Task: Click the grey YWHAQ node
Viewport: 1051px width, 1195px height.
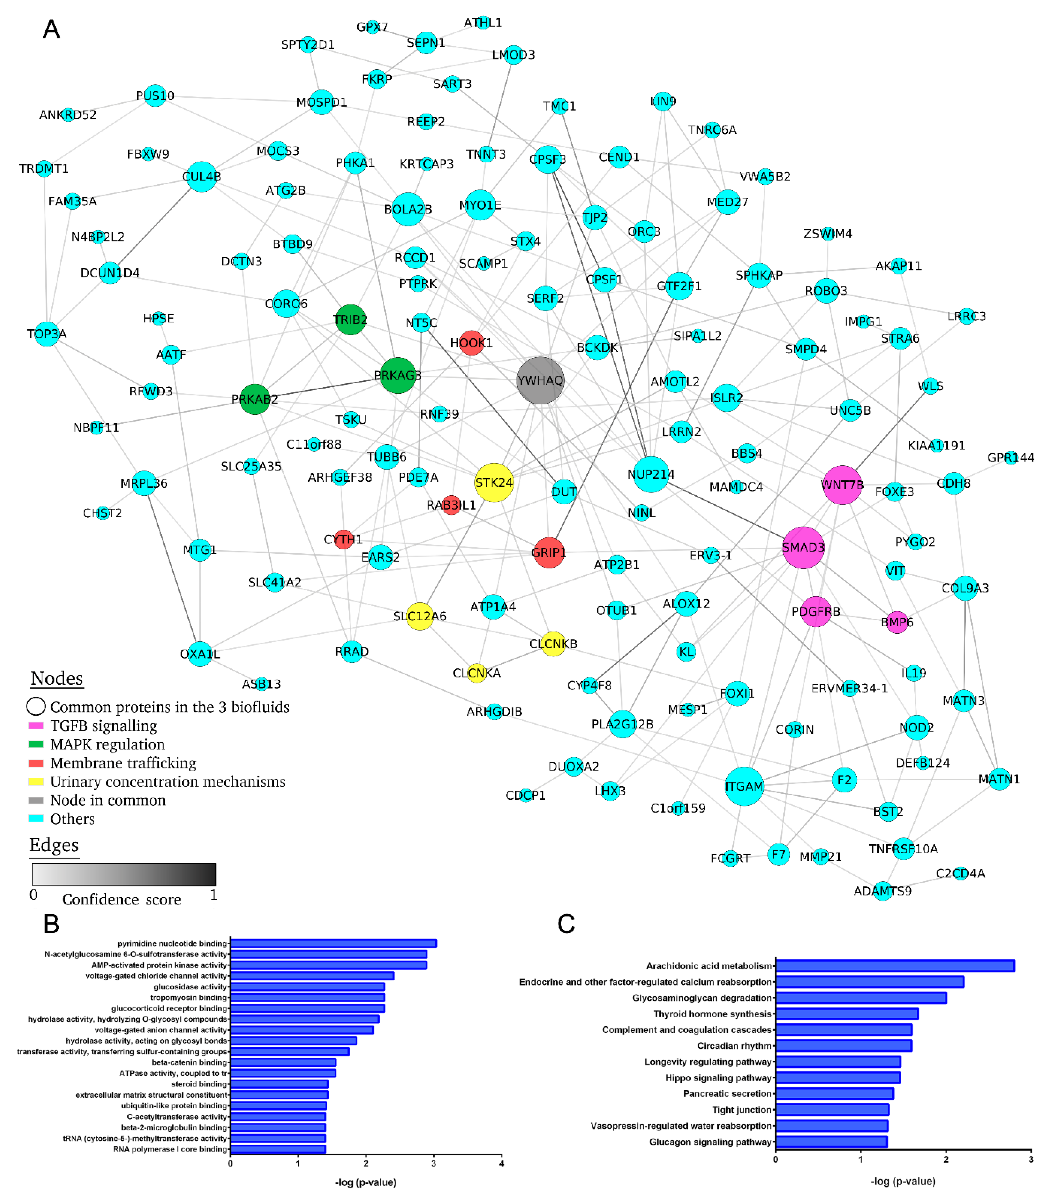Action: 540,381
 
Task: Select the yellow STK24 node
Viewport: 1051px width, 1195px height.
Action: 494,482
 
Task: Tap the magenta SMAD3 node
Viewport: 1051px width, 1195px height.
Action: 803,547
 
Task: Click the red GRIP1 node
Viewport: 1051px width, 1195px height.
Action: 549,553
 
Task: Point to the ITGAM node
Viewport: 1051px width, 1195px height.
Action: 743,786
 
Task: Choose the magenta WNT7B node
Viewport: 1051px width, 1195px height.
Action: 842,485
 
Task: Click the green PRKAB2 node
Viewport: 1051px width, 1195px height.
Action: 255,399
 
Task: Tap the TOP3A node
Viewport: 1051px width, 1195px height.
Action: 47,334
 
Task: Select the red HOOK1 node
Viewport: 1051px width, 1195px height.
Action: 471,343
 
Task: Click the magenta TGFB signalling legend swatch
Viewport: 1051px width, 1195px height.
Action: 36,725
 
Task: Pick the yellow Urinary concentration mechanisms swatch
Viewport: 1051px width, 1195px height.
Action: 36,782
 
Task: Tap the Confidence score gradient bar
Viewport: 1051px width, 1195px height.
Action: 124,874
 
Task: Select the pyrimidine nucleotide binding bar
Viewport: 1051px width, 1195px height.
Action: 333,943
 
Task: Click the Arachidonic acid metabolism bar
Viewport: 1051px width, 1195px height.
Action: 894,966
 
